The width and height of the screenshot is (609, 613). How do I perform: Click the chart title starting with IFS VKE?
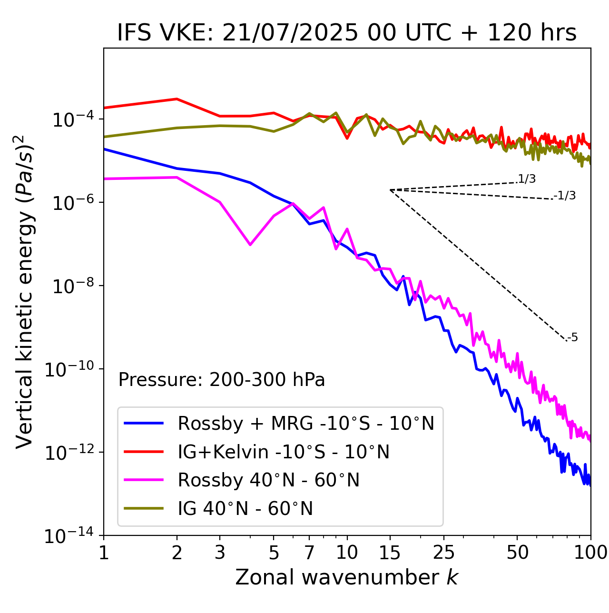pyautogui.click(x=347, y=33)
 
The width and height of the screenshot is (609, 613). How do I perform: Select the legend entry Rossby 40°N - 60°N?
pyautogui.click(x=268, y=480)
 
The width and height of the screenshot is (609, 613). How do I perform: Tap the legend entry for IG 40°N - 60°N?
pyautogui.click(x=245, y=509)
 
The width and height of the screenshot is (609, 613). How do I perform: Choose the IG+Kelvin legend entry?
pyautogui.click(x=284, y=452)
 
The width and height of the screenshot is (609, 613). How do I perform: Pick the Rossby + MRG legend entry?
pyautogui.click(x=306, y=423)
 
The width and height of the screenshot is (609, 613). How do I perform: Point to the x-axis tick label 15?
pyautogui.click(x=390, y=553)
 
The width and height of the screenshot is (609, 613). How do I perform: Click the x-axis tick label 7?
pyautogui.click(x=309, y=553)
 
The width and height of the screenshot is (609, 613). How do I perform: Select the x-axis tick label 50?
pyautogui.click(x=517, y=553)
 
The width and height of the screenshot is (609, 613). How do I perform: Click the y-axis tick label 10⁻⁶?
pyautogui.click(x=71, y=203)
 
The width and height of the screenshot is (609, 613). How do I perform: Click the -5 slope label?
pyautogui.click(x=573, y=338)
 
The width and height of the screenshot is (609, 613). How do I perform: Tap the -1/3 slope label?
pyautogui.click(x=565, y=196)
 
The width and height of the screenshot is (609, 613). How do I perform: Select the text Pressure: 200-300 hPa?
pyautogui.click(x=221, y=380)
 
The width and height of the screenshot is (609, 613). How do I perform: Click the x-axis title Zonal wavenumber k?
pyautogui.click(x=347, y=577)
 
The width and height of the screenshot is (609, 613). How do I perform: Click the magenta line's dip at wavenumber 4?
pyautogui.click(x=250, y=245)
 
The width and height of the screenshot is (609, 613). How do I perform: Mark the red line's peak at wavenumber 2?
pyautogui.click(x=177, y=99)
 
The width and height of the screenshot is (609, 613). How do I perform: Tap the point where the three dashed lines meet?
pyautogui.click(x=390, y=190)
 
